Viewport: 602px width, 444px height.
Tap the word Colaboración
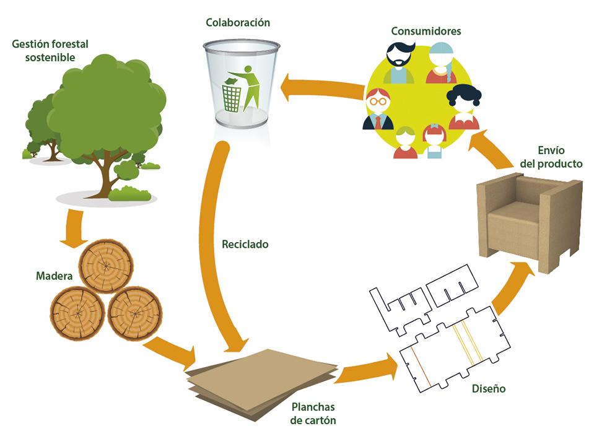tap(238, 24)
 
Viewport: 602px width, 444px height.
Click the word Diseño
tap(488, 389)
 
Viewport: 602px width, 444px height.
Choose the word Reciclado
tap(245, 244)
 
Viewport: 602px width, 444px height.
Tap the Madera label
tap(54, 274)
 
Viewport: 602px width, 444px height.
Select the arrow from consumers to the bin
tap(322, 90)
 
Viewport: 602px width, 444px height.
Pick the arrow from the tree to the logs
tap(75, 226)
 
